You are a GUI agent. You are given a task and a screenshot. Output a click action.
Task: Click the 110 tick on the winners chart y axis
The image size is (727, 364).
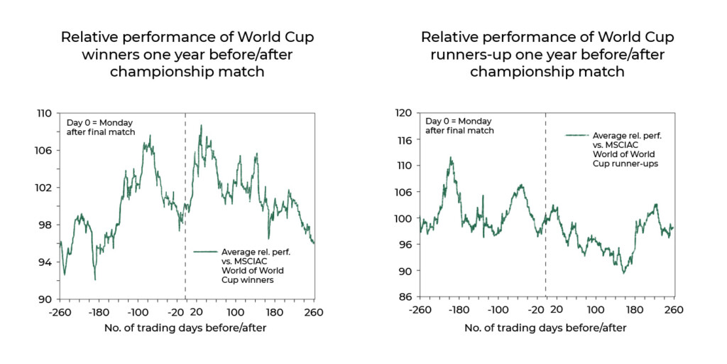point(44,113)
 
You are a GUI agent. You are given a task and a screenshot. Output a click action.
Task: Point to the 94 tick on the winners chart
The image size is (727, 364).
point(44,262)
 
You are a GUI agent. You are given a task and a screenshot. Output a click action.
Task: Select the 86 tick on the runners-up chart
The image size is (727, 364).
point(404,296)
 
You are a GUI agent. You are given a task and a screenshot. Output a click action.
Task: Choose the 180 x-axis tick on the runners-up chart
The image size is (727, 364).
point(634,310)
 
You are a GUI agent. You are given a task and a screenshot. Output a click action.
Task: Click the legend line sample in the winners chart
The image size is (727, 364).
point(205,252)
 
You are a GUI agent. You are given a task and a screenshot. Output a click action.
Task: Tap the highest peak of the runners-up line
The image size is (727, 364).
point(450,158)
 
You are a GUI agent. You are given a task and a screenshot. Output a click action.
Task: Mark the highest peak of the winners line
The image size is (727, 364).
point(201,126)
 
